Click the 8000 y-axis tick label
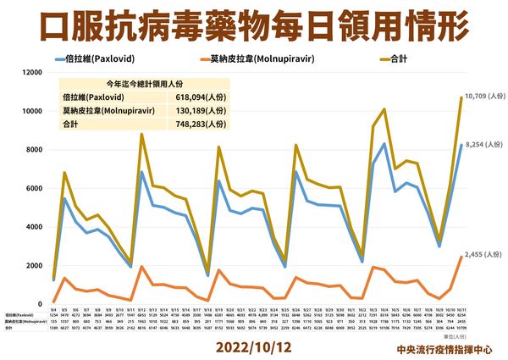(x=33, y=150)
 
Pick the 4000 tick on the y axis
(x=33, y=227)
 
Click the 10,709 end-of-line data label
(x=483, y=97)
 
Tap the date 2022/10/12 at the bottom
(x=254, y=347)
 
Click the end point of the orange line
(x=461, y=257)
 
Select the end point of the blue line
(x=461, y=145)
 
